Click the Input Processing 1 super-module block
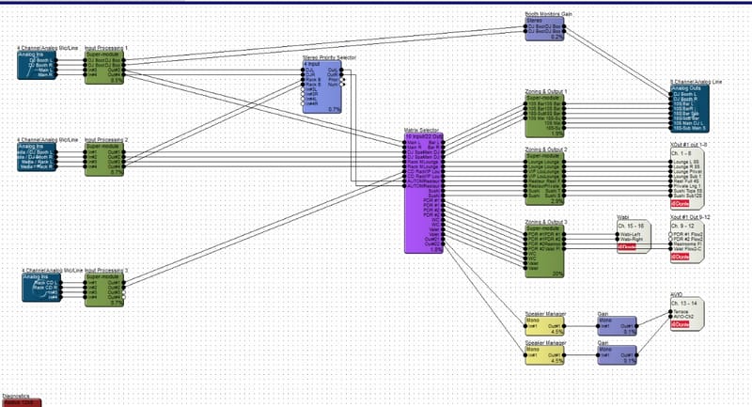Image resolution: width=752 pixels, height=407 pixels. [x=104, y=67]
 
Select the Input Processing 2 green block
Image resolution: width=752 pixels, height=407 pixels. [x=104, y=159]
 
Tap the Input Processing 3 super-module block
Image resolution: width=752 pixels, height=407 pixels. [x=104, y=289]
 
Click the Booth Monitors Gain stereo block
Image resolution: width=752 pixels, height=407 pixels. [x=544, y=27]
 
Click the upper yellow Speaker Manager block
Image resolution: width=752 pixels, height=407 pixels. [x=544, y=323]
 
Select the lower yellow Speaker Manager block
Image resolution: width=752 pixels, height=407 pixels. [x=544, y=353]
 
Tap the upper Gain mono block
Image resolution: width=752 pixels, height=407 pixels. [x=616, y=323]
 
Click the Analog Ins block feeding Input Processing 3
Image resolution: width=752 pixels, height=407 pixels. [x=37, y=288]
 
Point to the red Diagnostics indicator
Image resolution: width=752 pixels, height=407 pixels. [x=21, y=402]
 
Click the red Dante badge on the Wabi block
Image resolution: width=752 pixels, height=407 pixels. [x=626, y=248]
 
